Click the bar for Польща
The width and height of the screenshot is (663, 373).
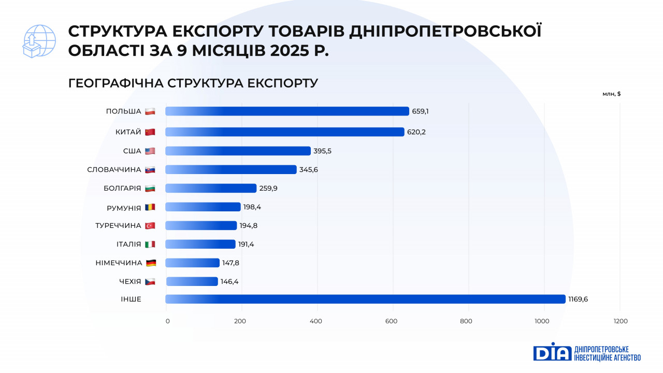287,111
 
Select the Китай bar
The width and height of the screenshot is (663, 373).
285,132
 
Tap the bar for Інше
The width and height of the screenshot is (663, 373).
365,299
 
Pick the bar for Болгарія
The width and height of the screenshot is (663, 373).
211,188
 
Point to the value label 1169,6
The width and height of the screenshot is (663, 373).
578,299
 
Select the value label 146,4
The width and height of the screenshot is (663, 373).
229,282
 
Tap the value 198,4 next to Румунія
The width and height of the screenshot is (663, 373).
252,207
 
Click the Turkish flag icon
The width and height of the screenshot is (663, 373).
150,226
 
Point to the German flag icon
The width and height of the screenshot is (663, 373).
151,263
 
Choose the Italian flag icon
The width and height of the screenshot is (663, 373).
150,245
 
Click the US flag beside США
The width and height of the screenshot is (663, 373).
150,151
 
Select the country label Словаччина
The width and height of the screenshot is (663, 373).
114,170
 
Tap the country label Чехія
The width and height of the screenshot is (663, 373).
130,282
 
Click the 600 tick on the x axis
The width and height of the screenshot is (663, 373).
391,321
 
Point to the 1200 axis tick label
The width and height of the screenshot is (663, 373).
619,321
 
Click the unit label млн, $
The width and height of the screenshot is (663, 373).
612,94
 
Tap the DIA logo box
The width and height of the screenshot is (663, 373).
552,352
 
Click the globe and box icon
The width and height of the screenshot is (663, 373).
39,41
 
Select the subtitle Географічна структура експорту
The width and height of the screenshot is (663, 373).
193,83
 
